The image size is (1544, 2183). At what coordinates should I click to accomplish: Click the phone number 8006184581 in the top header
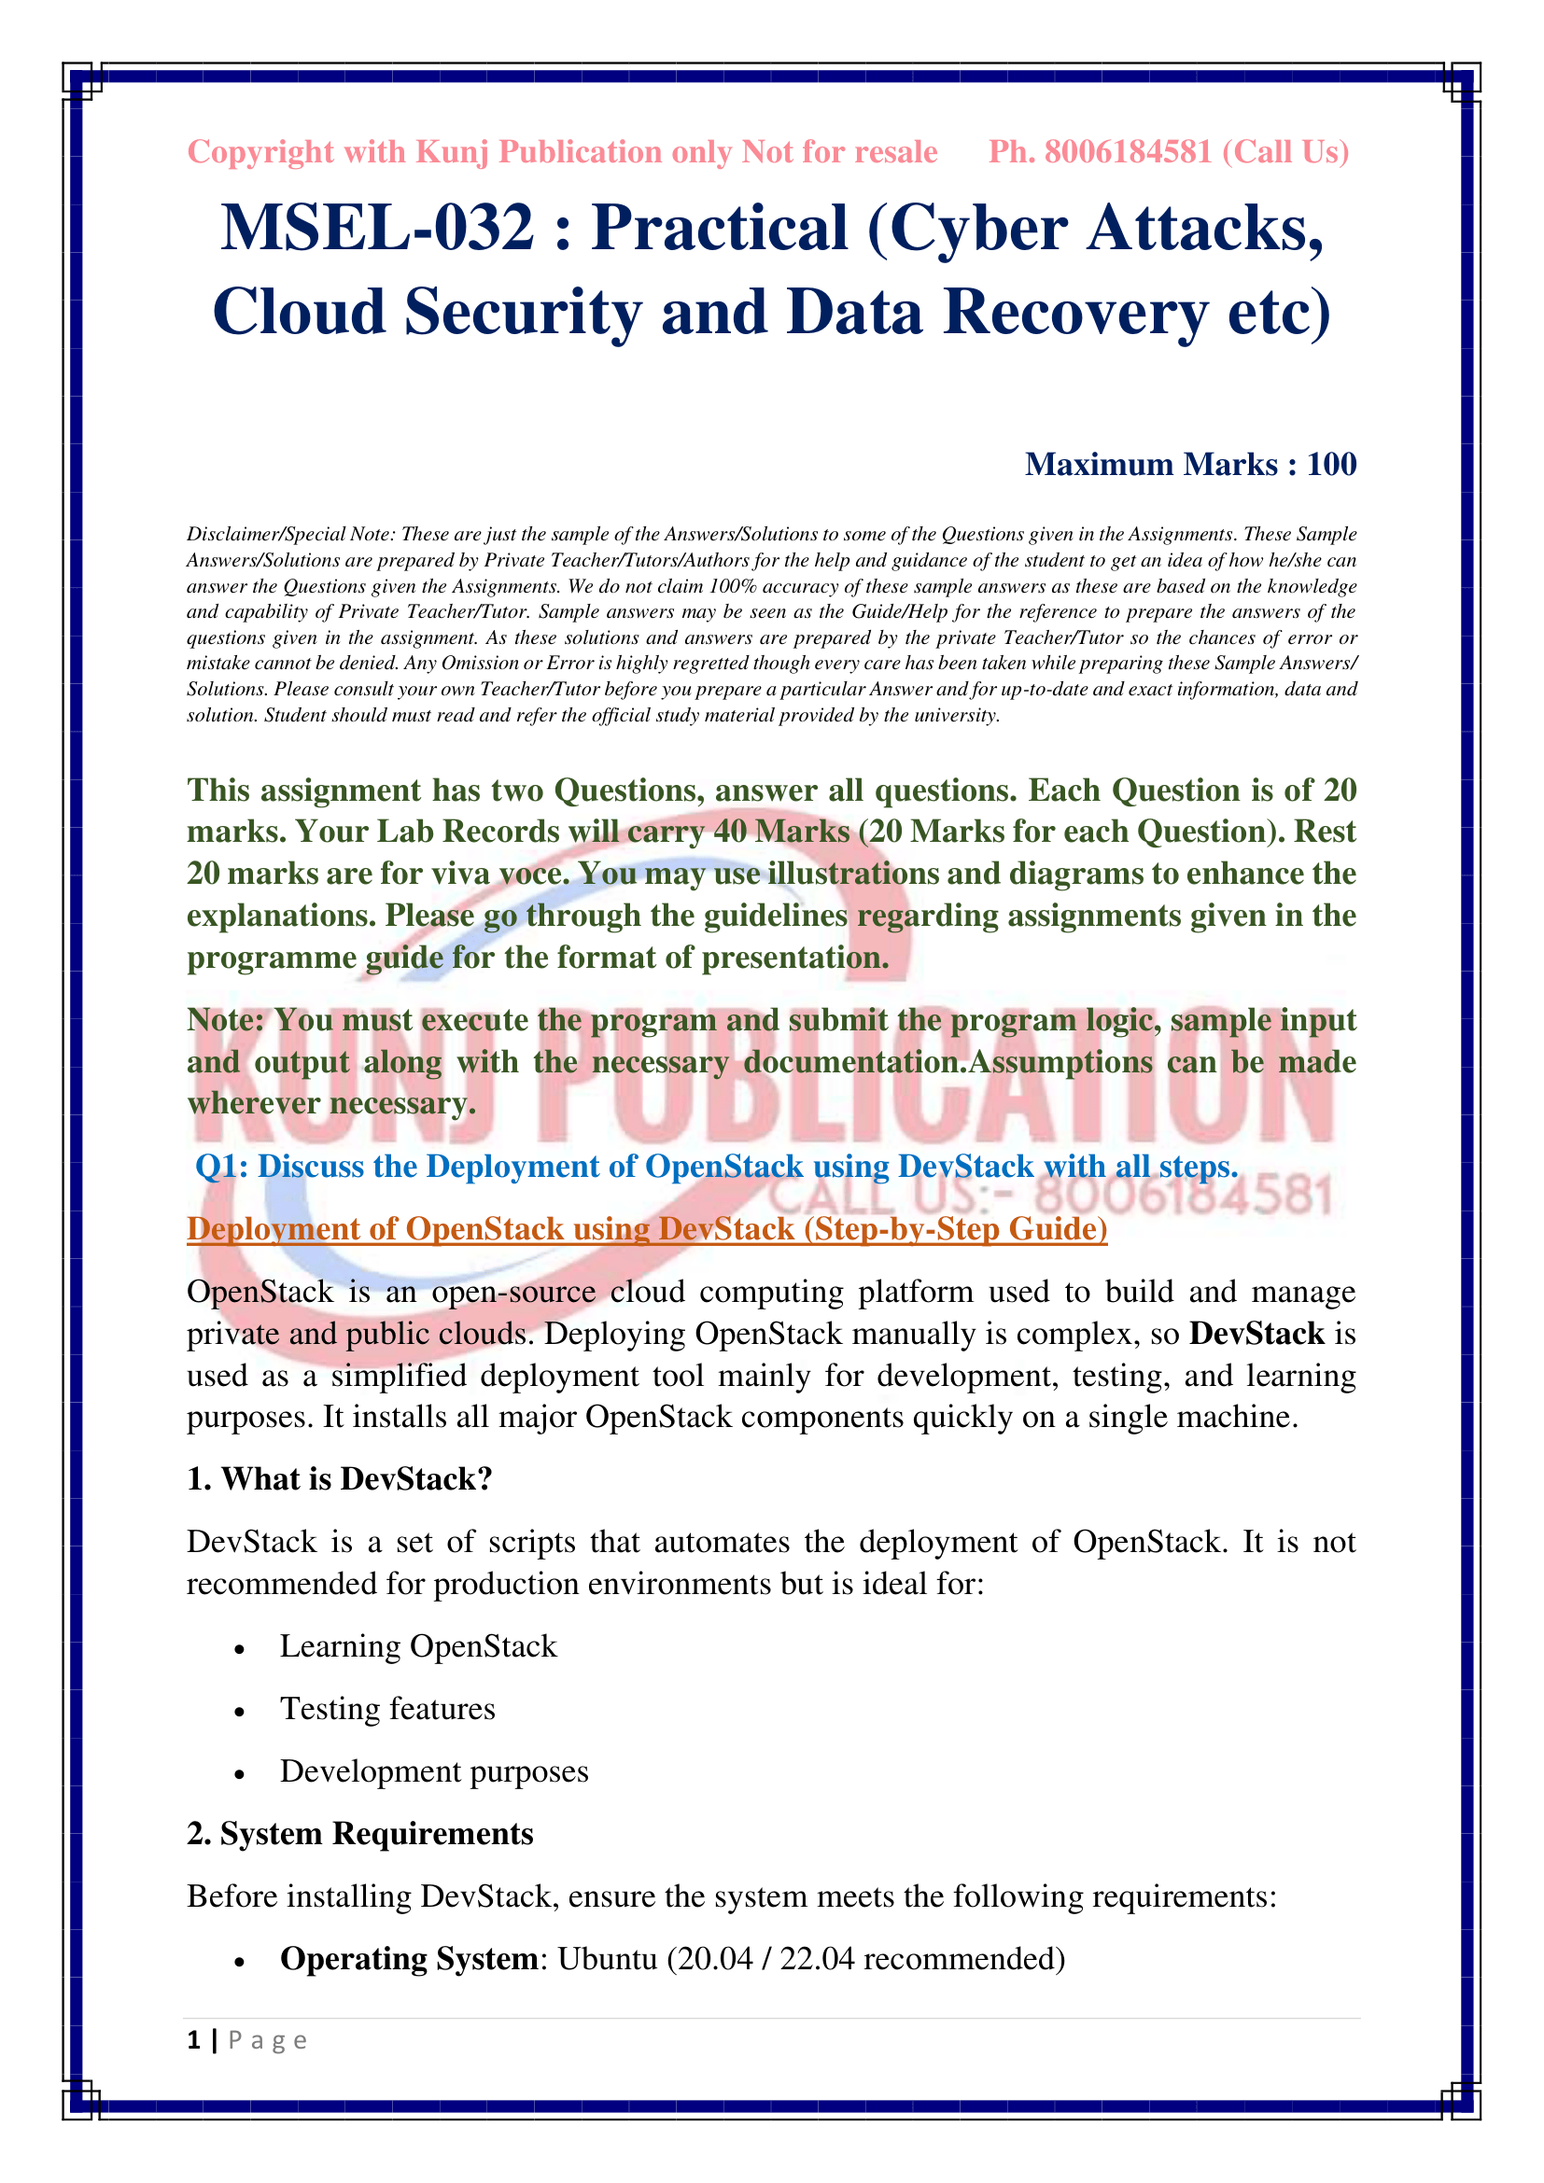coord(1128,152)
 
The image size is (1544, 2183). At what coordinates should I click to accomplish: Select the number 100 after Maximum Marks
coord(1331,464)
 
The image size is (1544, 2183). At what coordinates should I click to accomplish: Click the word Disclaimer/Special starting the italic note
coord(263,535)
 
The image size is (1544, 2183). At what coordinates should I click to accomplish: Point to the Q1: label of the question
coord(221,1166)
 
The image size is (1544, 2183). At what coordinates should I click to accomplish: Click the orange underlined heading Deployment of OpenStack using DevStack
coord(647,1228)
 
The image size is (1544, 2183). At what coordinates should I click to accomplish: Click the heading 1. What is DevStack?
coord(340,1479)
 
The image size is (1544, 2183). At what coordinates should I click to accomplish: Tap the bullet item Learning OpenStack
coord(417,1645)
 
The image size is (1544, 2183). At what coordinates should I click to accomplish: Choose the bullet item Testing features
coord(387,1709)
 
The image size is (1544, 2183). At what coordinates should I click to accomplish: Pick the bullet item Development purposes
coord(433,1771)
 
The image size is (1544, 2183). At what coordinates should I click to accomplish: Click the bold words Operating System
coord(409,1959)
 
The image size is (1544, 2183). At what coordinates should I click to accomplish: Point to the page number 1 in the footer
coord(194,2040)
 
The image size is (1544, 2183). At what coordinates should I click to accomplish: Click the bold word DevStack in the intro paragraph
coord(1256,1333)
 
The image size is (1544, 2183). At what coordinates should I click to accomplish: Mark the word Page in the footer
coord(267,2040)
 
